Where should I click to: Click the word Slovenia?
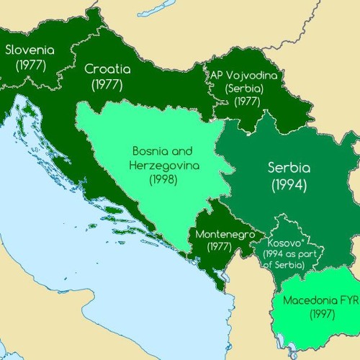[30, 50]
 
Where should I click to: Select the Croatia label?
[107, 70]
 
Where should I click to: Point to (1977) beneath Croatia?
[107, 84]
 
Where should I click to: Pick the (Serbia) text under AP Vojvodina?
[245, 88]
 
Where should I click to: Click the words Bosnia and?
[163, 151]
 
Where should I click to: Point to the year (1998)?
[163, 179]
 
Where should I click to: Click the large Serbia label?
[289, 168]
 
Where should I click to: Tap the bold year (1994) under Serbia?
[289, 184]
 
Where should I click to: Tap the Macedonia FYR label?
[320, 300]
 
